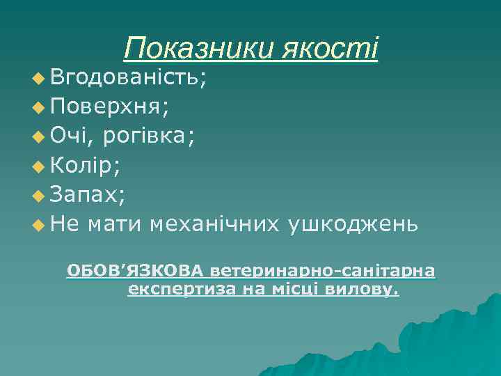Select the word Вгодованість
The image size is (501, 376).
pyautogui.click(x=127, y=77)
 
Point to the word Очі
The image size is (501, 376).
pyautogui.click(x=70, y=136)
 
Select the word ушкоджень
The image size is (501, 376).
pyautogui.click(x=355, y=224)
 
